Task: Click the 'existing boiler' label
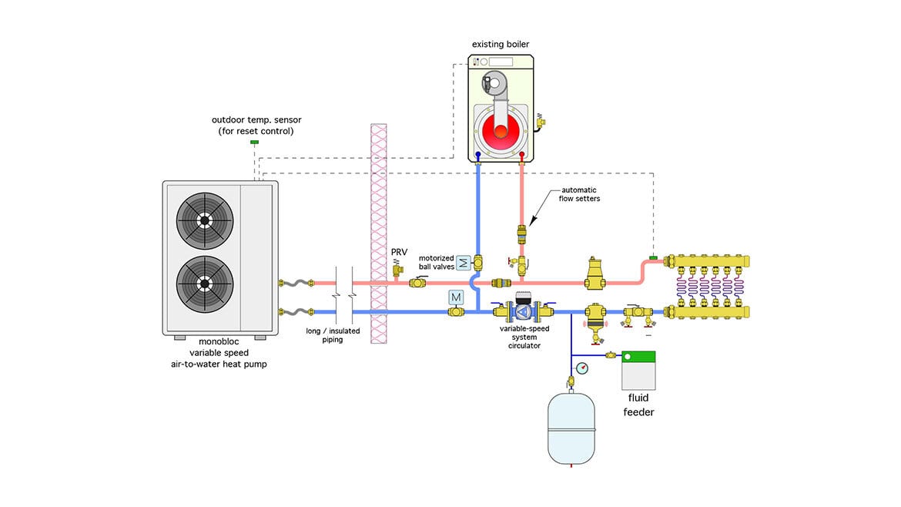(x=501, y=45)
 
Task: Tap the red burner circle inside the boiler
(x=501, y=131)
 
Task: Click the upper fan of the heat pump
(x=205, y=220)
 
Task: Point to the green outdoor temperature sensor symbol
(x=253, y=143)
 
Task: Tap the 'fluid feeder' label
(x=638, y=405)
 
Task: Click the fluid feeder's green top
(x=638, y=358)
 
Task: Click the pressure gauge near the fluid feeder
(x=582, y=368)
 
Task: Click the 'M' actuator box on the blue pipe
(x=455, y=296)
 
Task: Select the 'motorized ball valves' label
(x=437, y=263)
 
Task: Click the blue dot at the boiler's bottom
(x=478, y=155)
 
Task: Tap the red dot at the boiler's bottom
(x=522, y=155)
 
